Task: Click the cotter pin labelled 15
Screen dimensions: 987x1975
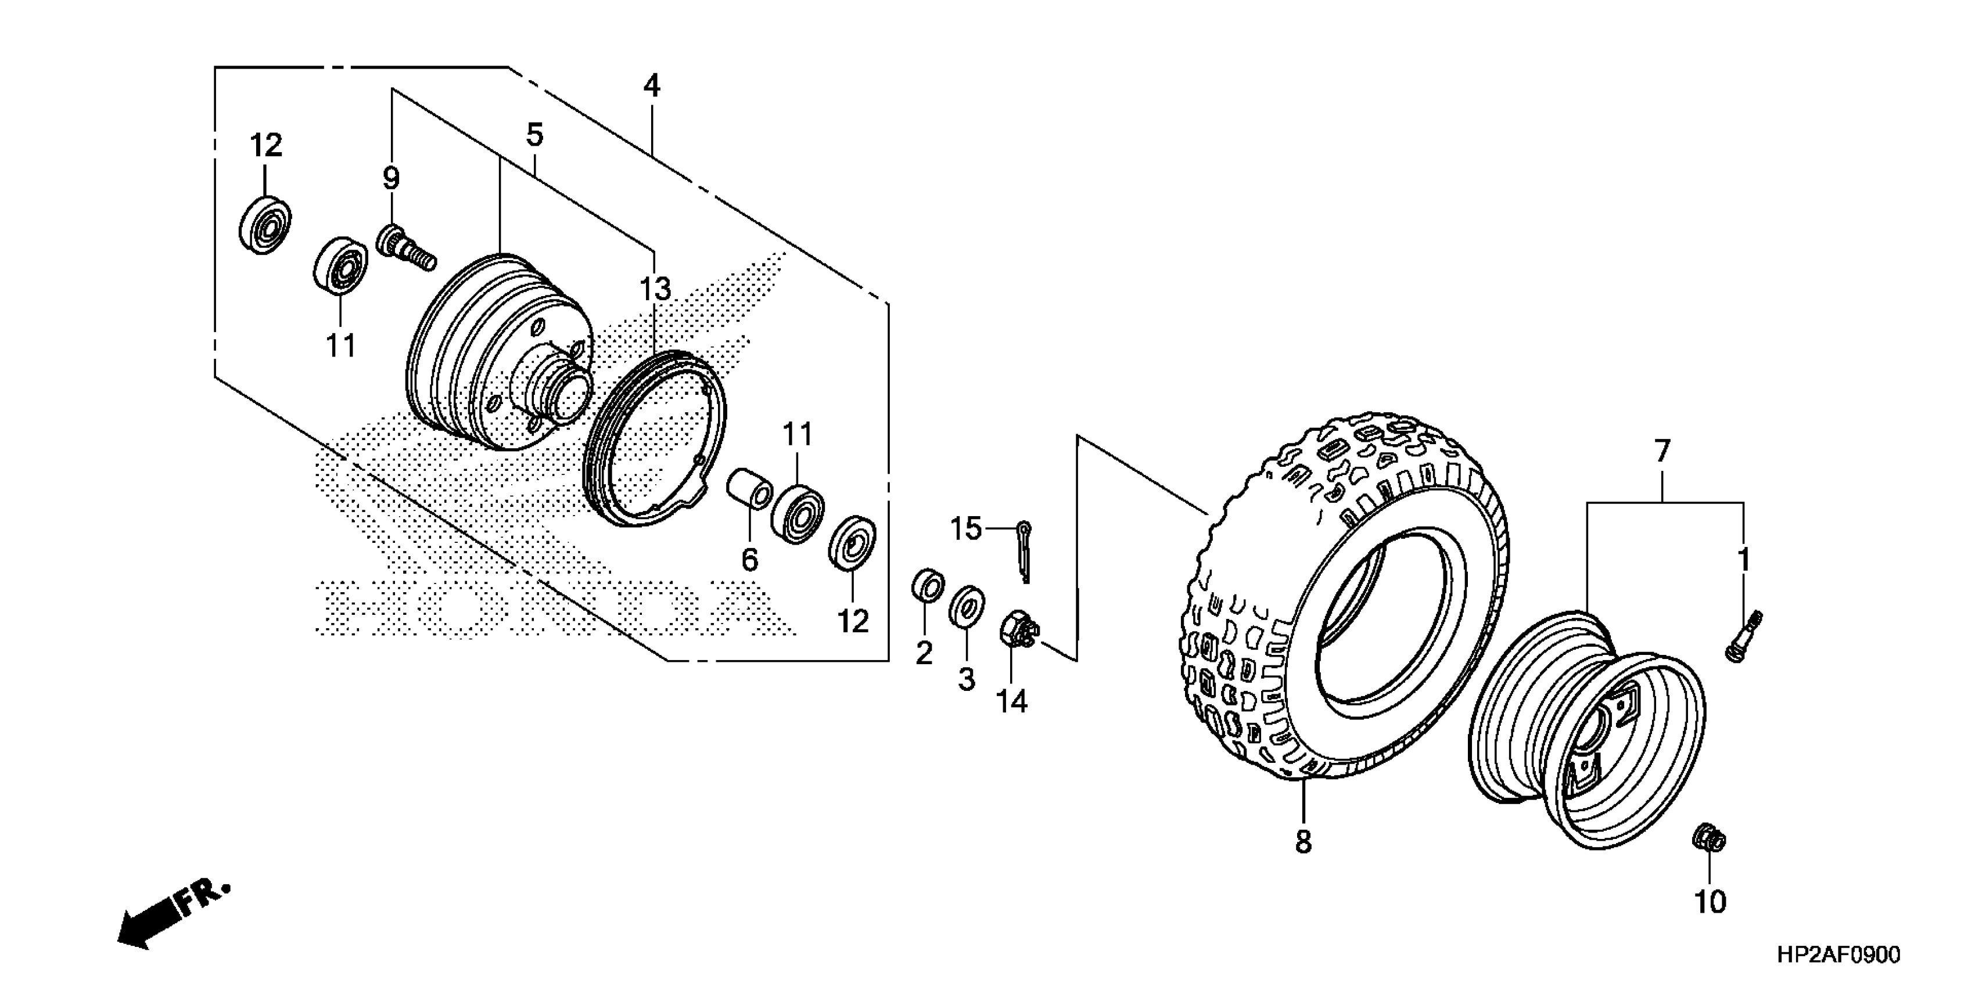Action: click(1024, 550)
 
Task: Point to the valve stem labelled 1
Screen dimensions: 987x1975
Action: click(1743, 637)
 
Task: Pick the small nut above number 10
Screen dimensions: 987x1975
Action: click(1709, 838)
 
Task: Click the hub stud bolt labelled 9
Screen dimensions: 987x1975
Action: click(404, 246)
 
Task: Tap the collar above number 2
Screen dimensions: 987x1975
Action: click(928, 585)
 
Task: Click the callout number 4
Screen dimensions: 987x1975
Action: click(652, 85)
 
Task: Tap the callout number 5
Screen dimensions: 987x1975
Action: click(534, 135)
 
